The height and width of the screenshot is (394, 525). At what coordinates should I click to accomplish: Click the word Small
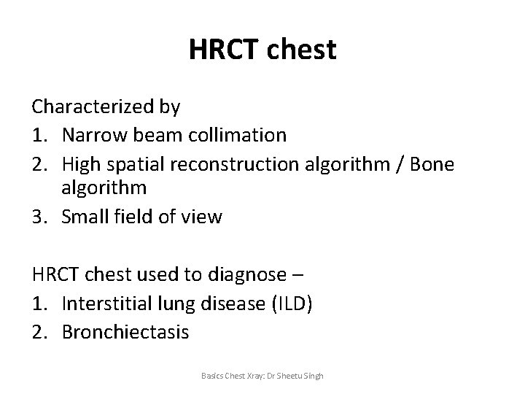coord(88,217)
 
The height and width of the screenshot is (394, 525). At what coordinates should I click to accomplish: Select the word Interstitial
coord(109,304)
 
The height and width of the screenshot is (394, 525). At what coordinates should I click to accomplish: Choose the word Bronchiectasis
coord(125,332)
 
